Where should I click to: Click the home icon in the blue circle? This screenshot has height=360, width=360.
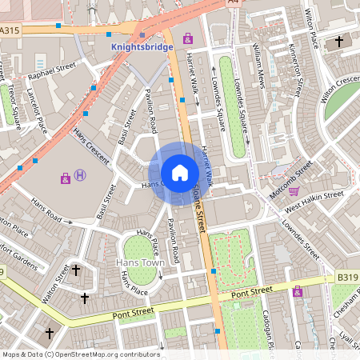[x=180, y=173]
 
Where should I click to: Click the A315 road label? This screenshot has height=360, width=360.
[x=10, y=30]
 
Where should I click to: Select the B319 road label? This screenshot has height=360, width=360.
[x=347, y=277]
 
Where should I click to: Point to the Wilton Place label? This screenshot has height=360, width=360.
[x=307, y=24]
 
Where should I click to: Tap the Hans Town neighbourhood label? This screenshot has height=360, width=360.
[x=140, y=262]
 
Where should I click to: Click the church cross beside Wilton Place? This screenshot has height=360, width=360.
[x=339, y=42]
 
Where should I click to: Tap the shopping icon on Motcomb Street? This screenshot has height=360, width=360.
[x=294, y=191]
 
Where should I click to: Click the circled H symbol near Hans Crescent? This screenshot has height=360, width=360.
[x=79, y=175]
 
